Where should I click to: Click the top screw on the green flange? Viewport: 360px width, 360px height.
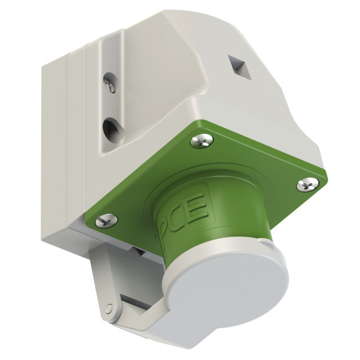pos(201,141)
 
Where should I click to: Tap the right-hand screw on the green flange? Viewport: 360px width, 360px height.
pos(308,184)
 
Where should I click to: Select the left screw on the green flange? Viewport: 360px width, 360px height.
pos(106,220)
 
